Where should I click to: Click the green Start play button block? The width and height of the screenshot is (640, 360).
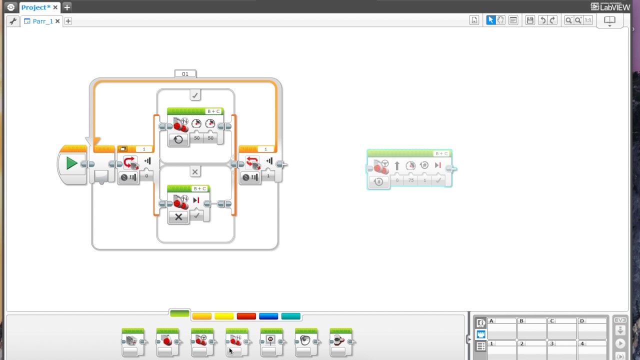(x=71, y=163)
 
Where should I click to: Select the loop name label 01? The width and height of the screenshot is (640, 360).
(x=185, y=74)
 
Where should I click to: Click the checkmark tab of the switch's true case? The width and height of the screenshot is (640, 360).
(x=195, y=95)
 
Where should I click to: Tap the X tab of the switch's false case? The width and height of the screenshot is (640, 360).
(x=195, y=172)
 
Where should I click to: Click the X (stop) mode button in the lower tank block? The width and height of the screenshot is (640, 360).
(x=178, y=217)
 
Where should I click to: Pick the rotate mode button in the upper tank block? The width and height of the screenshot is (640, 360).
(x=178, y=139)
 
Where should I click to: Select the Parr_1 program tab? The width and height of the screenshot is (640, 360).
(x=42, y=21)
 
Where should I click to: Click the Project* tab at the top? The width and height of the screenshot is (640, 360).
(x=35, y=7)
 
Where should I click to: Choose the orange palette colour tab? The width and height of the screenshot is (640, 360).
(x=202, y=316)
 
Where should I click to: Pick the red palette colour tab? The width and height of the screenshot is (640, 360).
(x=246, y=316)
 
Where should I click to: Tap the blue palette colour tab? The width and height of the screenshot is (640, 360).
(x=268, y=316)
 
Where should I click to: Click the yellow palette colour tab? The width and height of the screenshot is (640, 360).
(x=224, y=316)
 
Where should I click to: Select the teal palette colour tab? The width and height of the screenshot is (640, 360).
(x=290, y=316)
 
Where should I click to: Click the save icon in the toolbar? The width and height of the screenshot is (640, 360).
(x=530, y=20)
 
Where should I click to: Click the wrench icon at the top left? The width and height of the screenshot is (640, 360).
(x=13, y=21)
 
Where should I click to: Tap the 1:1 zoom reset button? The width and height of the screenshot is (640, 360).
(x=588, y=20)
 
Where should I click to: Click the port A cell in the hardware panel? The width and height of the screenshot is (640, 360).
(x=501, y=328)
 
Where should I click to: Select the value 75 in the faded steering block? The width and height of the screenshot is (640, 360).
(x=411, y=180)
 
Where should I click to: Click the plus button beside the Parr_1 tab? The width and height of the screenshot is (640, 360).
(x=68, y=21)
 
